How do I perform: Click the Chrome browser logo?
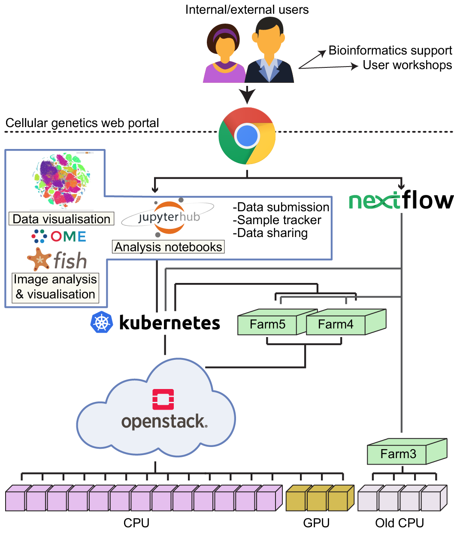247,136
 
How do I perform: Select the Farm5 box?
267,325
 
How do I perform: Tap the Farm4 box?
336,325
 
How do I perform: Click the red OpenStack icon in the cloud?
163,399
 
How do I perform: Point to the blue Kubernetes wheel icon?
102,322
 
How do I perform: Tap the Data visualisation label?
61,219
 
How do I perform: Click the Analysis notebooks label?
168,247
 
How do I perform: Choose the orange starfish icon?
39,259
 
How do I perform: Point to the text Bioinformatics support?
390,51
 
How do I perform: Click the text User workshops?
407,65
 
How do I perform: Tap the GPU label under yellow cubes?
316,523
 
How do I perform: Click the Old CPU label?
400,523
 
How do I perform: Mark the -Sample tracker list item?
277,220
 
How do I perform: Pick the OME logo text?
68,237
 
